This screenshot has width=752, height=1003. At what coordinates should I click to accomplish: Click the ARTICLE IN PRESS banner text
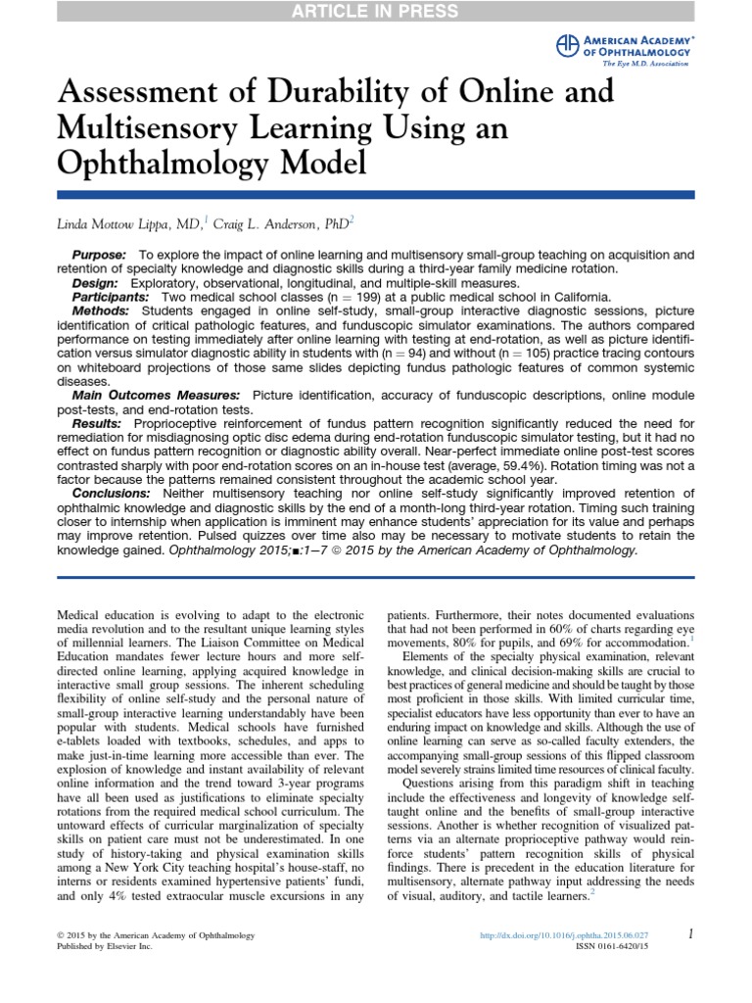coord(376,12)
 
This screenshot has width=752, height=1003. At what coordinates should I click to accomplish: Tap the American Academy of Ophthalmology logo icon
coord(567,45)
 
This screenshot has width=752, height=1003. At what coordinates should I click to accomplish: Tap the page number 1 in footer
coord(691,935)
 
